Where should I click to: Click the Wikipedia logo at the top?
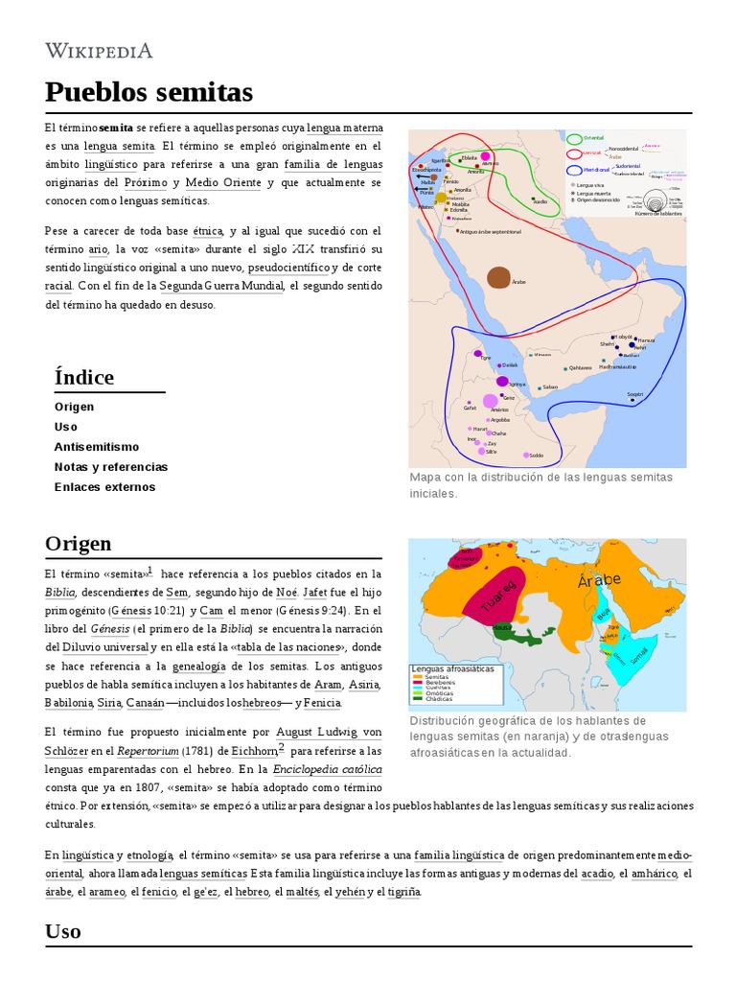click(x=99, y=51)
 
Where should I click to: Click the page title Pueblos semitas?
click(x=149, y=92)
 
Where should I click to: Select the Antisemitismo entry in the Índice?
click(x=97, y=447)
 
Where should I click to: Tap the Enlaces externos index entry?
click(x=104, y=487)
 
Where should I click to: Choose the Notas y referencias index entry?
click(x=111, y=467)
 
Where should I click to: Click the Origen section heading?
click(x=79, y=544)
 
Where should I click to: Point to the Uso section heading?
click(x=63, y=931)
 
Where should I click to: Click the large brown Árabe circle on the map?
click(x=498, y=278)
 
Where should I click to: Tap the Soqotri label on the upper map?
click(x=635, y=394)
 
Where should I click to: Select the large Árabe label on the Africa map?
click(x=600, y=580)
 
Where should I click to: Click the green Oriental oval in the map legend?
click(x=575, y=138)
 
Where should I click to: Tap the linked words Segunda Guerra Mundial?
click(x=221, y=286)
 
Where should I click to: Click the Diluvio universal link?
click(x=99, y=646)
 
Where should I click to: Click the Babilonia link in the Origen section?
click(x=68, y=703)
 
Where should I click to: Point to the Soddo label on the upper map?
click(x=536, y=456)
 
